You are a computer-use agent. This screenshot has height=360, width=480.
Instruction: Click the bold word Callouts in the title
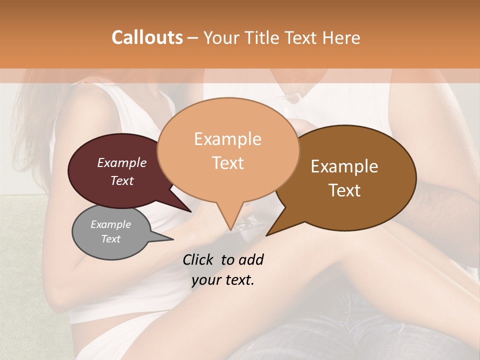click(x=147, y=37)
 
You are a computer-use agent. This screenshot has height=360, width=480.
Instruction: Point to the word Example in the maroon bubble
click(x=122, y=163)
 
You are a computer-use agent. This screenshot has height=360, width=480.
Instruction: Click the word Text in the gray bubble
click(x=111, y=239)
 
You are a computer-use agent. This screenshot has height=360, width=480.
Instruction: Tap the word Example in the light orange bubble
click(x=228, y=139)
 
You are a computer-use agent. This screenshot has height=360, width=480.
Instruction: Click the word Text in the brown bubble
click(x=345, y=190)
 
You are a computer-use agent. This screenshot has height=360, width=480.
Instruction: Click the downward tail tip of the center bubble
click(x=230, y=229)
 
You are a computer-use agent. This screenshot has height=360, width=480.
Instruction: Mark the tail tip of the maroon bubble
click(x=190, y=211)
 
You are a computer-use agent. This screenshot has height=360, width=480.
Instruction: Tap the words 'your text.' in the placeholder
click(x=223, y=280)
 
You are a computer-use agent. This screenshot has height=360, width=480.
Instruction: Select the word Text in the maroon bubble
click(x=122, y=181)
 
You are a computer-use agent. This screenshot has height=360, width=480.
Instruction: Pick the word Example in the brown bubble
click(x=345, y=166)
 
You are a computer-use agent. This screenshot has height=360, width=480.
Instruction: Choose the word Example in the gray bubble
click(x=111, y=224)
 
